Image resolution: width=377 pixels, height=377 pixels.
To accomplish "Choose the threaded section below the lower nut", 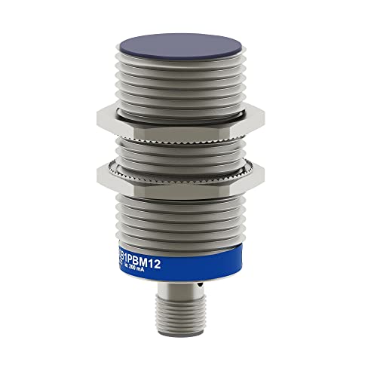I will point(188,219).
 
